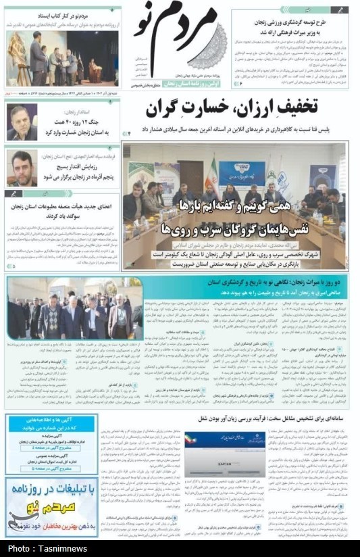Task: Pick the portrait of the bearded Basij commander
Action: pos(22,168)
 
